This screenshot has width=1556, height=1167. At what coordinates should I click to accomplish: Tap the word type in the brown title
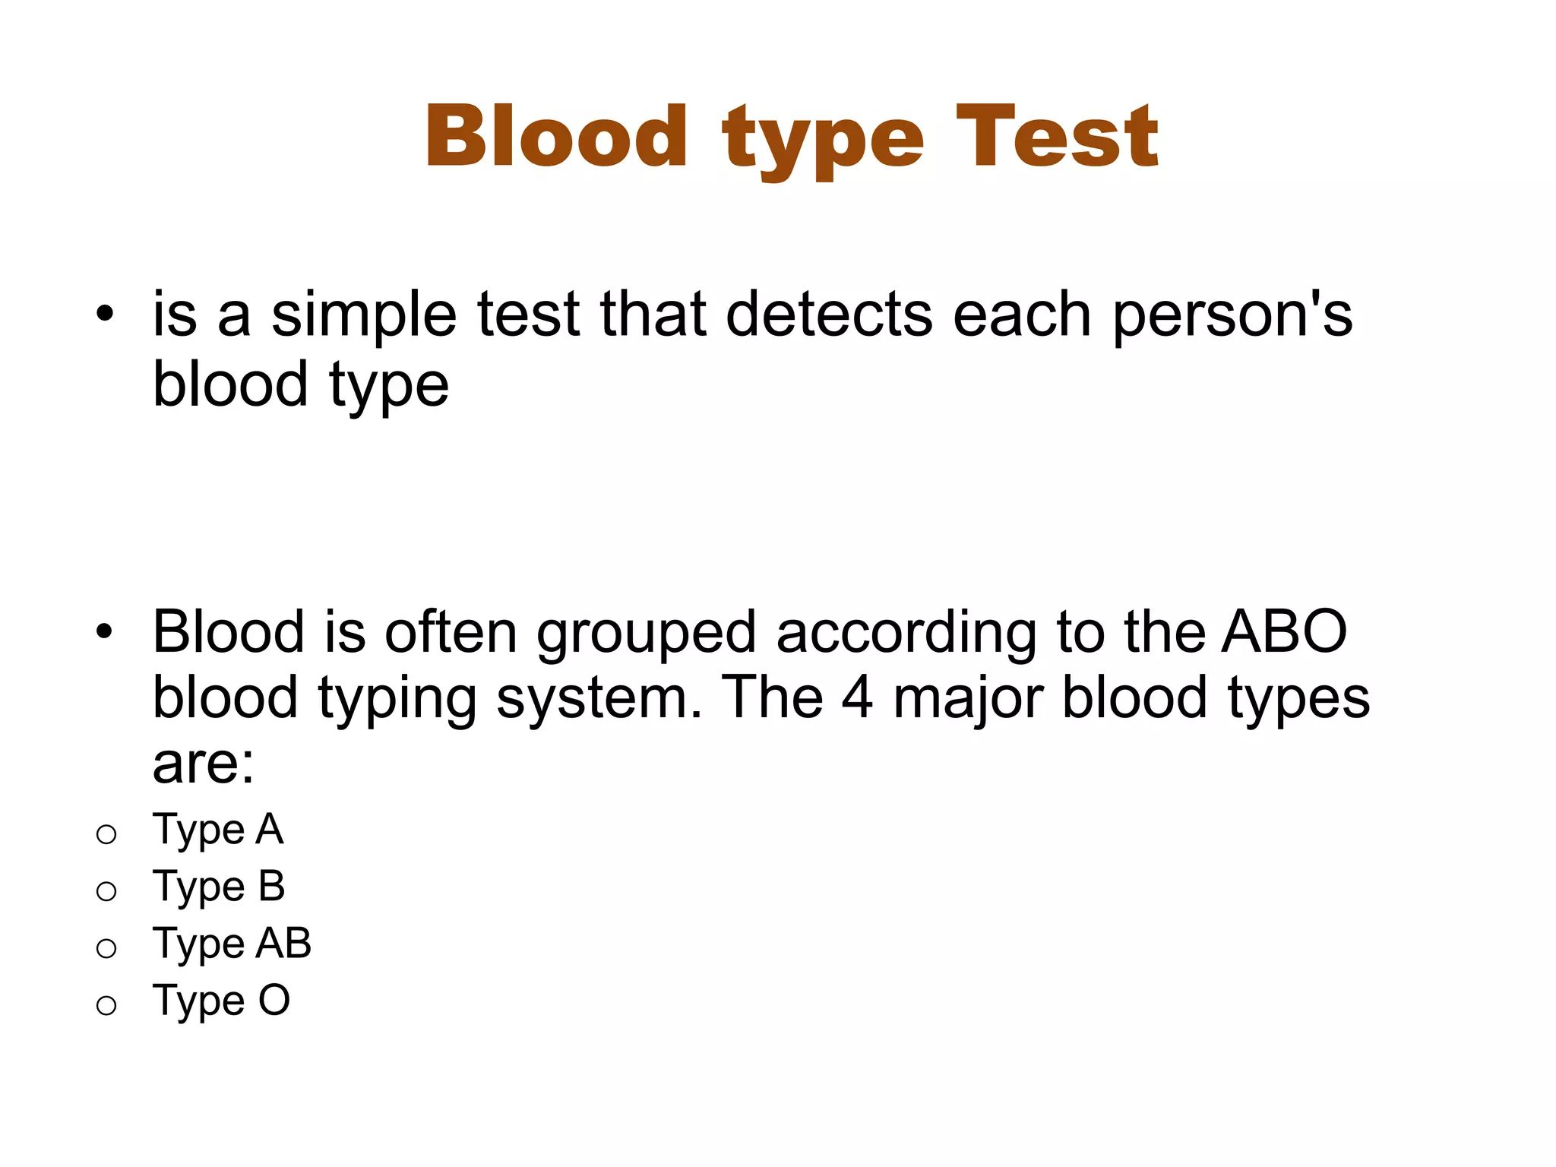824,141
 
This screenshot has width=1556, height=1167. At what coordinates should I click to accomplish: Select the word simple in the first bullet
364,315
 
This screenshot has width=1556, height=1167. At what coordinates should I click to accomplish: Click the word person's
1232,315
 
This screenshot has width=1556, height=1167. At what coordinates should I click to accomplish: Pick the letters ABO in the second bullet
1284,631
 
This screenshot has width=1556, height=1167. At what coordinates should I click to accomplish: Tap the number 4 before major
857,697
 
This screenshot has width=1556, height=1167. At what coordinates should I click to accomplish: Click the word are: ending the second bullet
203,764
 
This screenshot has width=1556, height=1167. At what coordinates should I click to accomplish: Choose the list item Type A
218,830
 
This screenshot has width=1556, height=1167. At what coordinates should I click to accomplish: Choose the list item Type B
219,887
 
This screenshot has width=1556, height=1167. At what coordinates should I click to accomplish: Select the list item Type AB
232,944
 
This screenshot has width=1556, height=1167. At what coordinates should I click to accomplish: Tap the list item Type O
221,1001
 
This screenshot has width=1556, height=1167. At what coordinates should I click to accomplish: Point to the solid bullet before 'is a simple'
105,313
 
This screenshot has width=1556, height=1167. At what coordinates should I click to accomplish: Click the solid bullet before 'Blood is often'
105,630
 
